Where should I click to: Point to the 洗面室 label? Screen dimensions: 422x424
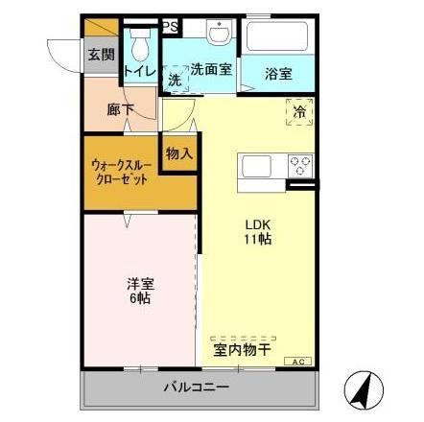[210, 69]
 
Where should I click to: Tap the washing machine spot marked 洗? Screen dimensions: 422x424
[175, 80]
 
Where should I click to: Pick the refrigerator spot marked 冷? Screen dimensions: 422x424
[298, 112]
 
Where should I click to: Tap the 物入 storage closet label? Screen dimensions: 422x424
[178, 152]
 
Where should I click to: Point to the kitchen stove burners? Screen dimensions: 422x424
[300, 165]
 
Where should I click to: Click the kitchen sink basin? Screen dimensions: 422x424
[258, 166]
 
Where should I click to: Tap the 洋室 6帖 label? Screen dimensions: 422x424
[139, 290]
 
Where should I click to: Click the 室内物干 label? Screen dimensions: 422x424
[242, 350]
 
